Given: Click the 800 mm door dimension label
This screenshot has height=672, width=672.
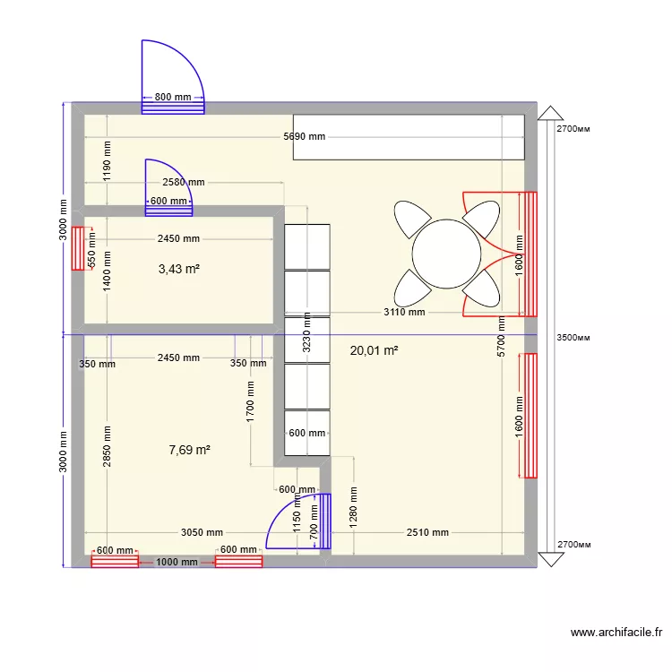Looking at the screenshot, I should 173,97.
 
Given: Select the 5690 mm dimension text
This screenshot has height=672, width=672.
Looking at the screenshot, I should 304,137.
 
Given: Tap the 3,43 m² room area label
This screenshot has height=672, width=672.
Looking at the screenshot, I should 178,269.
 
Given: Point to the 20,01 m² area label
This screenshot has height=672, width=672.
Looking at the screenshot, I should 374,351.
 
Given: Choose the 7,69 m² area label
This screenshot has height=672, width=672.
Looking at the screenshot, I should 189,450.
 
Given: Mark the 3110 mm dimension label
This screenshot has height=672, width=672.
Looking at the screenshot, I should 404,313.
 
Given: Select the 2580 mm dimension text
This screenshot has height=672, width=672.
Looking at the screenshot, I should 184,182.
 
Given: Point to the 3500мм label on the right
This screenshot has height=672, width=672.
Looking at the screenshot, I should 574,338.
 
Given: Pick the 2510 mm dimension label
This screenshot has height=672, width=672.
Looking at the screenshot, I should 427,532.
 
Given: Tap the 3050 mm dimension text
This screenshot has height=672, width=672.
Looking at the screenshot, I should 202,532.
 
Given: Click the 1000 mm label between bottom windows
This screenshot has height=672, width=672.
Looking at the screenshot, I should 177,563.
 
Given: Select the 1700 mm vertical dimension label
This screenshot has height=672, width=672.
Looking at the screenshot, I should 252,400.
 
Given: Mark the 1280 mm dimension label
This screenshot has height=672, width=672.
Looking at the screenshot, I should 355,507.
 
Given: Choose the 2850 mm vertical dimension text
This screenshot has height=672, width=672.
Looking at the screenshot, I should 108,444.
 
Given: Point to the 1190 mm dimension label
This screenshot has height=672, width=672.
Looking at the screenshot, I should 108,161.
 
